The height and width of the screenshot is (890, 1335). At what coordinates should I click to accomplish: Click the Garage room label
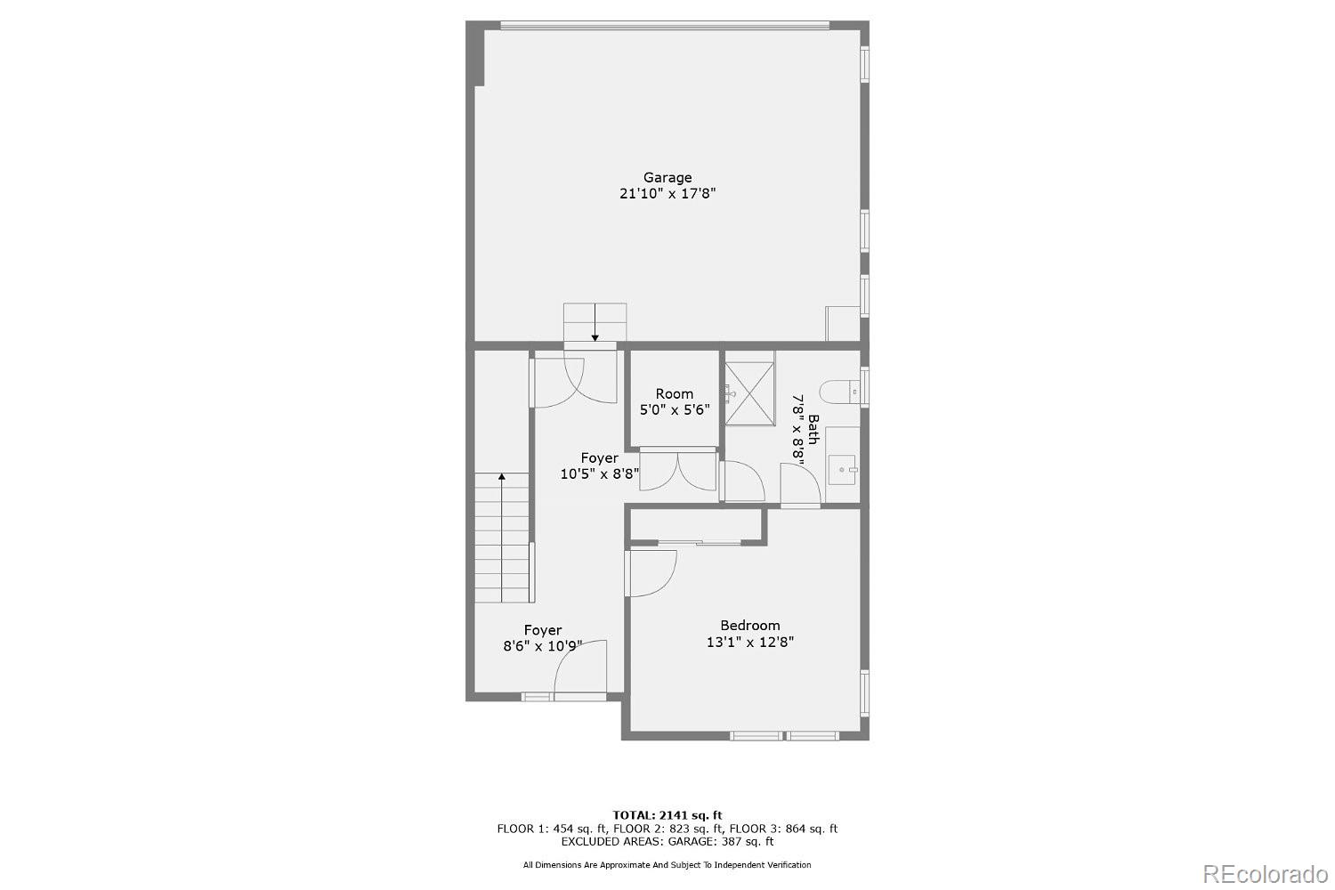coord(667,177)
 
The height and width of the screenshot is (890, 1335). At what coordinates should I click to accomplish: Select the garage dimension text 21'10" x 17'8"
coord(667,193)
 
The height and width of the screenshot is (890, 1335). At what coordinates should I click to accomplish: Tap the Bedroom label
coord(749,626)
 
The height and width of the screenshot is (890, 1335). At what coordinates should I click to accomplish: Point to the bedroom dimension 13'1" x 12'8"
coord(749,642)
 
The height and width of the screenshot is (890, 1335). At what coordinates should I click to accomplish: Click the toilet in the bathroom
coord(837,390)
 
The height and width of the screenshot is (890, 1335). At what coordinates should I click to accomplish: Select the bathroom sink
coord(842,468)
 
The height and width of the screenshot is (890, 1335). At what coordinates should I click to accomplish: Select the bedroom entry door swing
coord(651,571)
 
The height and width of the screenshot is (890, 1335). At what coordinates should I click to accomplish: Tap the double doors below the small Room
coord(677,471)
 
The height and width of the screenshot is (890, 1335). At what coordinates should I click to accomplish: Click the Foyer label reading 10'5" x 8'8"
coord(599,466)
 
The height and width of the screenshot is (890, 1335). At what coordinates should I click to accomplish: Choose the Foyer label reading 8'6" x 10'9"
coord(542,638)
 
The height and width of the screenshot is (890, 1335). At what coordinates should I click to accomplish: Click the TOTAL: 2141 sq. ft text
coord(667,814)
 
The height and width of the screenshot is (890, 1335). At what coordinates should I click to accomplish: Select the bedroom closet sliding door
coord(700,541)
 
